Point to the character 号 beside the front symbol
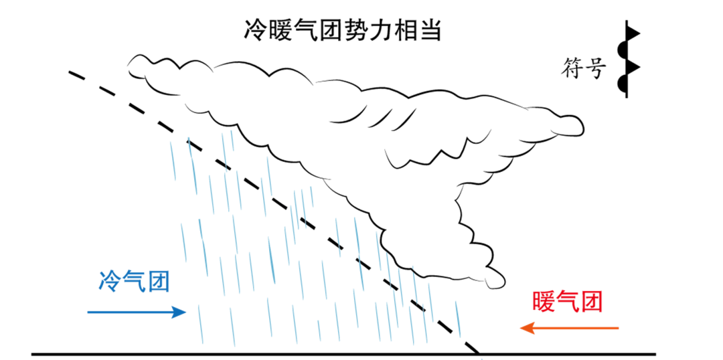[x=596, y=68]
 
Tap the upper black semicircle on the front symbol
[x=622, y=50]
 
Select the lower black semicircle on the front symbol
[x=622, y=84]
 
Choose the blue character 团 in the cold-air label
[x=158, y=281]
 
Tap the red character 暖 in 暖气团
[x=544, y=302]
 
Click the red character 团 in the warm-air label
[x=591, y=302]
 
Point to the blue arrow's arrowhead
[x=179, y=312]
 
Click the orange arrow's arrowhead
[x=526, y=328]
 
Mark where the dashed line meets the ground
[x=478, y=353]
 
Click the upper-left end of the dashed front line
[x=71, y=71]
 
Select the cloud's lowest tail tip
[x=499, y=281]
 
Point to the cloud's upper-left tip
[x=131, y=64]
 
